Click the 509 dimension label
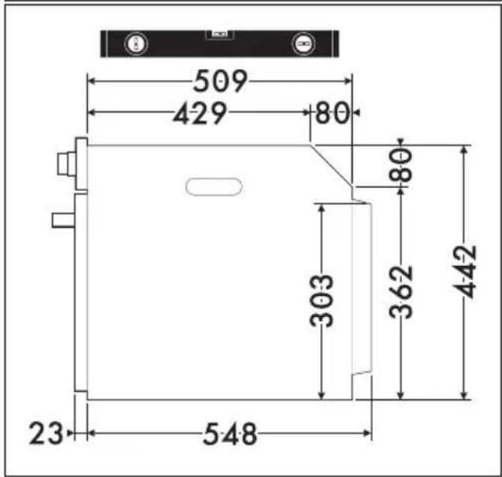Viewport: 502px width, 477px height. (x=220, y=81)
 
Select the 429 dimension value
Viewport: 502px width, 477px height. (x=200, y=113)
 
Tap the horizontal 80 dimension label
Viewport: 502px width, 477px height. (x=332, y=113)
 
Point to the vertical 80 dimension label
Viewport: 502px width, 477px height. (x=401, y=165)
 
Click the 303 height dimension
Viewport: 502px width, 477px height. (x=322, y=300)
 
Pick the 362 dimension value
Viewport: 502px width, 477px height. (x=401, y=292)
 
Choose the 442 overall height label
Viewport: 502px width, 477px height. (x=465, y=272)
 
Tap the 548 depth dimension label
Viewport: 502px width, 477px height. (x=230, y=434)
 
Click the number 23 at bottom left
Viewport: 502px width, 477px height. (x=46, y=433)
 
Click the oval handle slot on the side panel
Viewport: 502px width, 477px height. (x=214, y=186)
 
